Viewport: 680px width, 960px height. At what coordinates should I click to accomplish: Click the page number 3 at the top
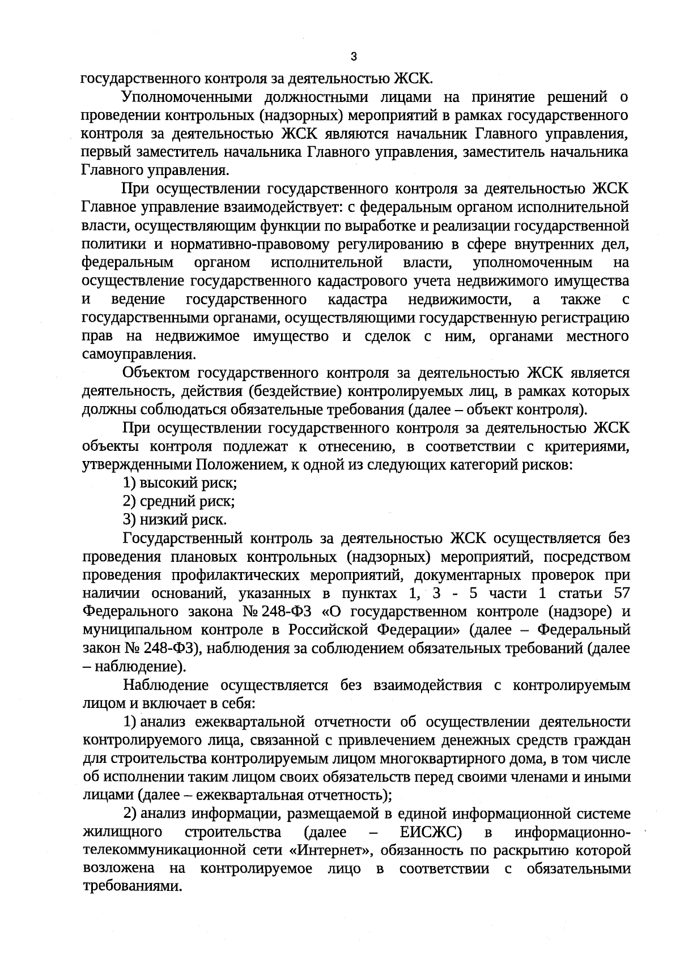[354, 57]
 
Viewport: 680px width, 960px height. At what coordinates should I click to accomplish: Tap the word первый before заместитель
[105, 152]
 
